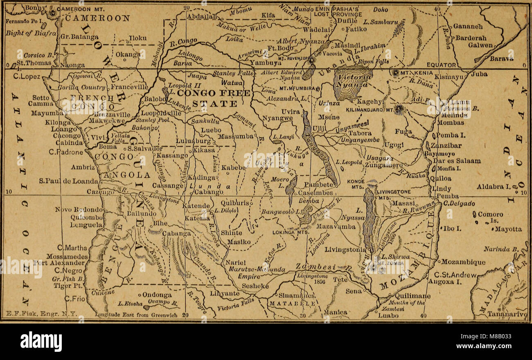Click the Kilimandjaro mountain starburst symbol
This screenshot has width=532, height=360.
point(399,110)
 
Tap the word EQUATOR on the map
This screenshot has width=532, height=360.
point(441,65)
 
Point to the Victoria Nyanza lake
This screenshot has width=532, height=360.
point(352,82)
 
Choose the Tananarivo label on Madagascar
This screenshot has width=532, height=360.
point(507,315)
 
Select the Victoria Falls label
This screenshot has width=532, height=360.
point(235,304)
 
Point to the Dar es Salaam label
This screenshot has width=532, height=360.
point(457,161)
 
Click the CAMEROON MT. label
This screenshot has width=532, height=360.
point(82,9)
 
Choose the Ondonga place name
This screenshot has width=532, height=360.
point(158,294)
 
